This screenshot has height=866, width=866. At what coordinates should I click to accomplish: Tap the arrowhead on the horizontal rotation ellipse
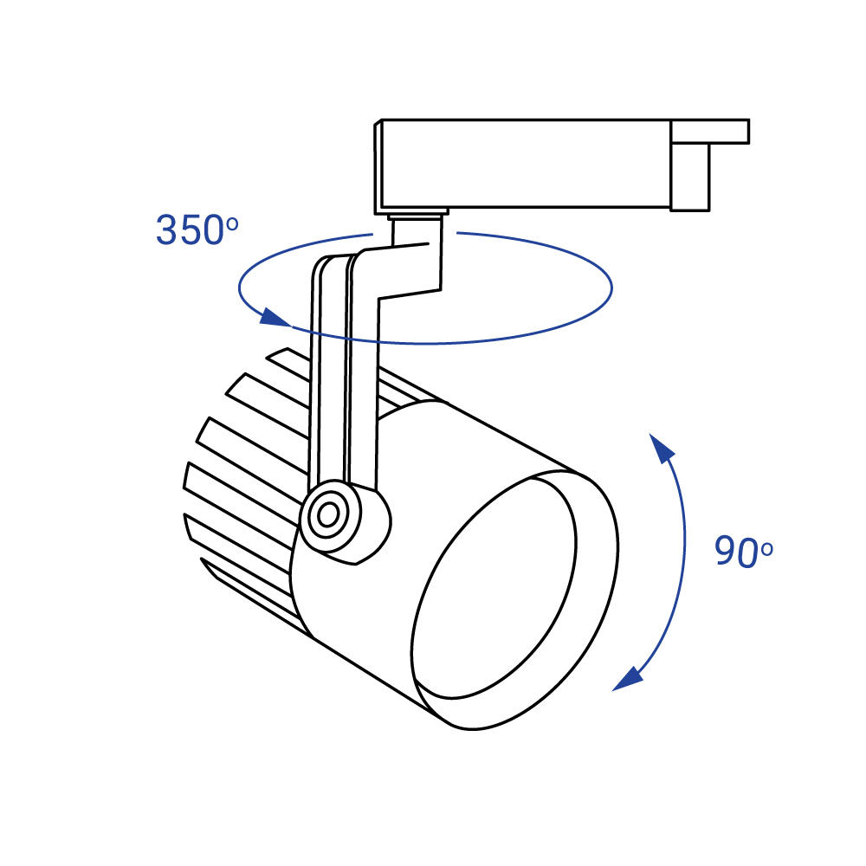[275, 318]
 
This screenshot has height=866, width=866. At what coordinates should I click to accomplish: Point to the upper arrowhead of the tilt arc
[662, 449]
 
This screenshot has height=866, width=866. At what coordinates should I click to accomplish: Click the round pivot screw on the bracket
[328, 515]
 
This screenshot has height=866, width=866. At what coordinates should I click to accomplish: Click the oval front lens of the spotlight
[494, 598]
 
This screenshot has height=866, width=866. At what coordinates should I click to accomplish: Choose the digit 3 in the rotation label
[167, 230]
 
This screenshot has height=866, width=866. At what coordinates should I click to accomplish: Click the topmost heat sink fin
[286, 358]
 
